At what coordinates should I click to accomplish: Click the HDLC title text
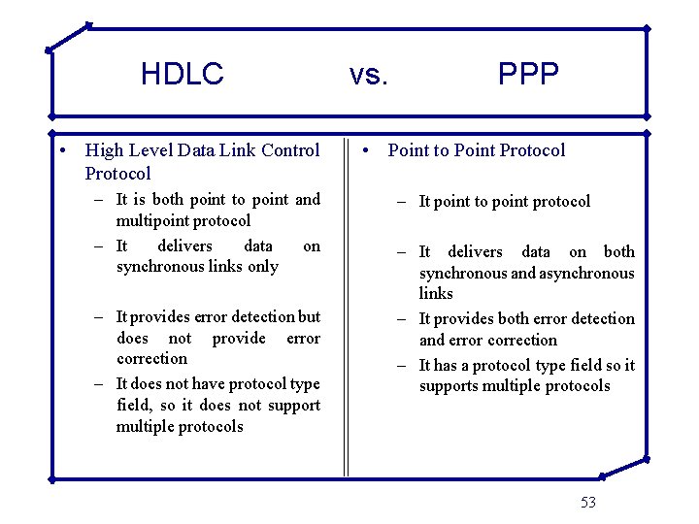(x=182, y=74)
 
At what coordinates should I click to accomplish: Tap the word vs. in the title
(x=368, y=74)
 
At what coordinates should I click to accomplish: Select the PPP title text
(x=528, y=74)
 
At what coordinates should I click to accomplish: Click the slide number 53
(x=588, y=502)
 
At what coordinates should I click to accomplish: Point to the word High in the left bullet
(x=104, y=149)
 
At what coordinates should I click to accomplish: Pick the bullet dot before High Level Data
(x=61, y=150)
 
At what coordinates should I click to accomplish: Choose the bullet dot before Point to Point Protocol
(x=364, y=150)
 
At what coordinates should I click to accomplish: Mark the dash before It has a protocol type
(x=403, y=366)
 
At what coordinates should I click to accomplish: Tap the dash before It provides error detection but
(x=100, y=317)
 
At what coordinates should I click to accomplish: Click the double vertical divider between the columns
(x=346, y=311)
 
